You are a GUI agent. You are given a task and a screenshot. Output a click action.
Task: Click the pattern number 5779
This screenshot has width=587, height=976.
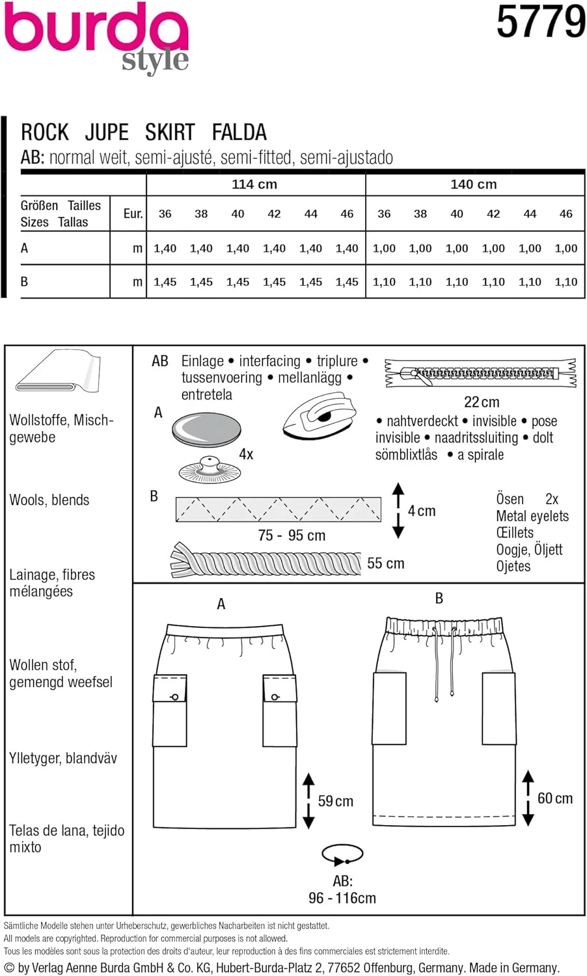point(541,21)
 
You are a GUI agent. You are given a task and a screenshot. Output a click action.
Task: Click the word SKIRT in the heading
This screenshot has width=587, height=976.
point(170,132)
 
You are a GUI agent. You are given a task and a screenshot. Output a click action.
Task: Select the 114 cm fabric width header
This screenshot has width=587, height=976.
point(254,184)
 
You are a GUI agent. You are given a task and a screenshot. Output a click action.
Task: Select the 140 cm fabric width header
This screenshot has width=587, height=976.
point(473,184)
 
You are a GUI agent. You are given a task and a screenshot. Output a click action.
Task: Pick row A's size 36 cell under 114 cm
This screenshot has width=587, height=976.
point(165,248)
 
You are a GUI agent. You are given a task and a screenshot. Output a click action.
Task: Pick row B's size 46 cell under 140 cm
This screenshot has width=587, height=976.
point(566,282)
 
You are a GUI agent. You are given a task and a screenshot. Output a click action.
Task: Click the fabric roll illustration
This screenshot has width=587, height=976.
point(58,372)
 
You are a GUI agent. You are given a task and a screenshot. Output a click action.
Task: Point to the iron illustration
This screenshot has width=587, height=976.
point(320,416)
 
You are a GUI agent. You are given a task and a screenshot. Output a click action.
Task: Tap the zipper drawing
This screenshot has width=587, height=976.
point(480,373)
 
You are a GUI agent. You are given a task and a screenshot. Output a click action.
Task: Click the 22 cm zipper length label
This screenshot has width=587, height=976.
point(482,402)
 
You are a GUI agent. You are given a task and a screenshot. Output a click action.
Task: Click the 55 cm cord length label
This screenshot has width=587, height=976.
point(385,563)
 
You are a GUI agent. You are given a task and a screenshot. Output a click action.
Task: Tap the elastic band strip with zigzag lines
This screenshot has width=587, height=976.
point(278,509)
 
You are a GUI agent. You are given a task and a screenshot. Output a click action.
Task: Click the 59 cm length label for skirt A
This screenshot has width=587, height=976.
point(335,801)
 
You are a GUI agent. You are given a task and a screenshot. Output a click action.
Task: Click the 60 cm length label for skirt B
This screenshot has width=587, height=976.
point(555,798)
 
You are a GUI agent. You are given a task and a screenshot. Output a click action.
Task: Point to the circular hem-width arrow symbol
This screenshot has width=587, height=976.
point(342,854)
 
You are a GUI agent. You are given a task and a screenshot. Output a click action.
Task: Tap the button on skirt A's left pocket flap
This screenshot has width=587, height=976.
point(174,697)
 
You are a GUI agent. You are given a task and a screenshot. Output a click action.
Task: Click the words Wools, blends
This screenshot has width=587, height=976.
point(49,500)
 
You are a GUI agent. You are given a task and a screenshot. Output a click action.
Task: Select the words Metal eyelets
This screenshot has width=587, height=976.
point(532,516)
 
